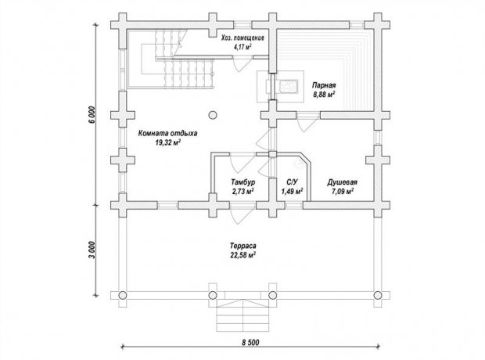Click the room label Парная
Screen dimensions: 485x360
point(324,85)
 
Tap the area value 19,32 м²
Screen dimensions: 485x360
point(168,142)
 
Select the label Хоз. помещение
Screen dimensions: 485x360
point(242,38)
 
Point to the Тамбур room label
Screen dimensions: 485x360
point(243,182)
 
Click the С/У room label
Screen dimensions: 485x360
point(292,182)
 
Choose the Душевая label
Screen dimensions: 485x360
point(342,182)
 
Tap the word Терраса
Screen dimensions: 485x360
point(242,246)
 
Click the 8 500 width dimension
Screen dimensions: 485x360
point(250,342)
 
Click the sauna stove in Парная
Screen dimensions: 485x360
point(288,86)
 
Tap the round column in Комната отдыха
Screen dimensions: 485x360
point(213,115)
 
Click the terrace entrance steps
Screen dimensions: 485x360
point(242,315)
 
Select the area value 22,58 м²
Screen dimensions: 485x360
point(242,255)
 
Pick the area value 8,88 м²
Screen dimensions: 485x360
point(324,95)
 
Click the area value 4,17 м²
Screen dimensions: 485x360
point(242,47)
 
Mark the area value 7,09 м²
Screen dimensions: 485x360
point(343,191)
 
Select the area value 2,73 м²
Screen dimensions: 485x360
point(243,191)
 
